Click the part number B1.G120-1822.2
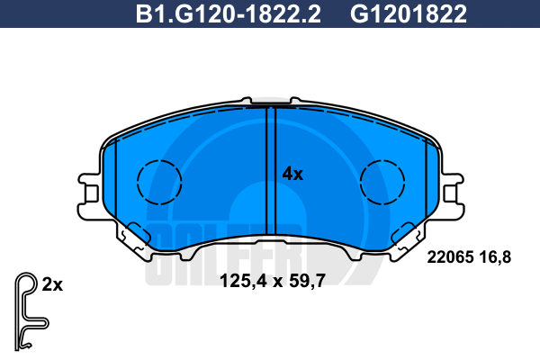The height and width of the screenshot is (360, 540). [x=228, y=14]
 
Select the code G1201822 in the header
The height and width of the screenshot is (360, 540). [x=409, y=14]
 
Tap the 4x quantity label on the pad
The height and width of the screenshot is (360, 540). [x=292, y=174]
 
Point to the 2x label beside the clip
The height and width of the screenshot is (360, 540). [x=52, y=285]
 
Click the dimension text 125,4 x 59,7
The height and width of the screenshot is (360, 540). [x=273, y=281]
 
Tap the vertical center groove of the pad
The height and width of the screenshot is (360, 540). [x=272, y=171]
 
